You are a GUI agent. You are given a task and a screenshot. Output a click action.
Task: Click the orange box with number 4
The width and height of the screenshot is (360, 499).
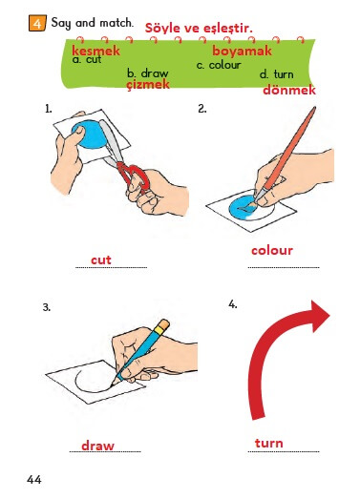37,23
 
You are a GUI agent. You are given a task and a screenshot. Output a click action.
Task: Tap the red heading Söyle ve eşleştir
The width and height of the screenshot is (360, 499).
199,28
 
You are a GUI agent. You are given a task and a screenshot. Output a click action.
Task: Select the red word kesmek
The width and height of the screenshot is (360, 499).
95,51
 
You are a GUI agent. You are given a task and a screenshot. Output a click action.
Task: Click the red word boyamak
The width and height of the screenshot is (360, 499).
243,51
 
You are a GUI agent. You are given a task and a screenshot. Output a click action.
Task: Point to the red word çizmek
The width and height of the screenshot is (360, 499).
148,85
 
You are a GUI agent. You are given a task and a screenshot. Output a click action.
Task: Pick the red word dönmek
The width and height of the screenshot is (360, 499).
289,90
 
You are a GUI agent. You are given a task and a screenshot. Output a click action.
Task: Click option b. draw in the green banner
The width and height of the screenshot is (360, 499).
147,73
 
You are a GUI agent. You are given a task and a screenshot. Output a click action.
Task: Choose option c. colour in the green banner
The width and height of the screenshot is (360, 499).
219,65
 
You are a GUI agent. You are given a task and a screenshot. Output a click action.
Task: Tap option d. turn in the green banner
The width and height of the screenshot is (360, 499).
276,74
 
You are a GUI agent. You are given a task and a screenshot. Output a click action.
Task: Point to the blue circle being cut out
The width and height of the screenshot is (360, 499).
88,135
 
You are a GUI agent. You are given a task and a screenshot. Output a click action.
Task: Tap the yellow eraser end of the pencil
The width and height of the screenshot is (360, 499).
163,325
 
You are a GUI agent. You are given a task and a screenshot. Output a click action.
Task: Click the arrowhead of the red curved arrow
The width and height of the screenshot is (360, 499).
319,316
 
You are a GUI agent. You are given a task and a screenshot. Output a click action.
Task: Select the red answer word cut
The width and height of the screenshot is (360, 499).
101,260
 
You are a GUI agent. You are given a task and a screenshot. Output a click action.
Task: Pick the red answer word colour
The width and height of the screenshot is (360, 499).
272,251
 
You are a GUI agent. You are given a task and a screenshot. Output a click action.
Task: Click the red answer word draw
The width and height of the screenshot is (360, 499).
97,446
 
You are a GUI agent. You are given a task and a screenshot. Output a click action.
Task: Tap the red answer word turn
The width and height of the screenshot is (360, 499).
269,443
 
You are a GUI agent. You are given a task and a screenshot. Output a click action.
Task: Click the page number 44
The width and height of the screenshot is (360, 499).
34,479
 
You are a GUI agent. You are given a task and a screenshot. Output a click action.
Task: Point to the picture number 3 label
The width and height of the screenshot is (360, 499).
47,307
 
